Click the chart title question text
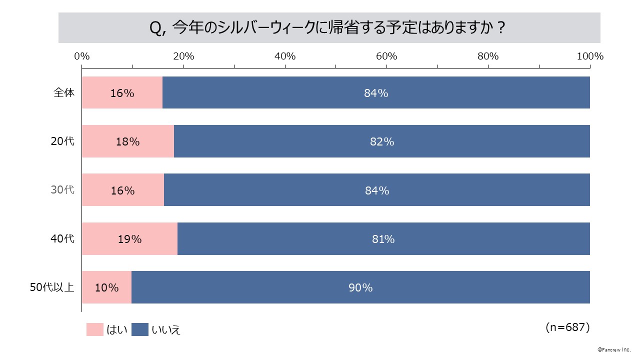pos(328,28)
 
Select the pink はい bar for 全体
pos(122,92)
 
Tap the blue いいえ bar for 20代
pos(382,141)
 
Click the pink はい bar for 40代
pos(129,239)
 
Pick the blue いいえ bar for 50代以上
pos(360,287)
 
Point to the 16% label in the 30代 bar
pos(123,190)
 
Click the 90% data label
pos(360,287)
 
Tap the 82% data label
pos(382,141)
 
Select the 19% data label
pos(129,239)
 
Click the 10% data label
pos(106,287)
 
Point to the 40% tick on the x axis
pos(285,56)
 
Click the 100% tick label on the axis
pos(590,56)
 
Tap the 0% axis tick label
pos(81,56)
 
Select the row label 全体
pos(64,92)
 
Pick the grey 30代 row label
pos(63,190)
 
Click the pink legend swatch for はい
pos(94,329)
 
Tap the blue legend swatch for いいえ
pos(140,329)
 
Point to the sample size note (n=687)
pos(567,327)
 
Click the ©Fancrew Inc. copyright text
pos(614,350)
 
